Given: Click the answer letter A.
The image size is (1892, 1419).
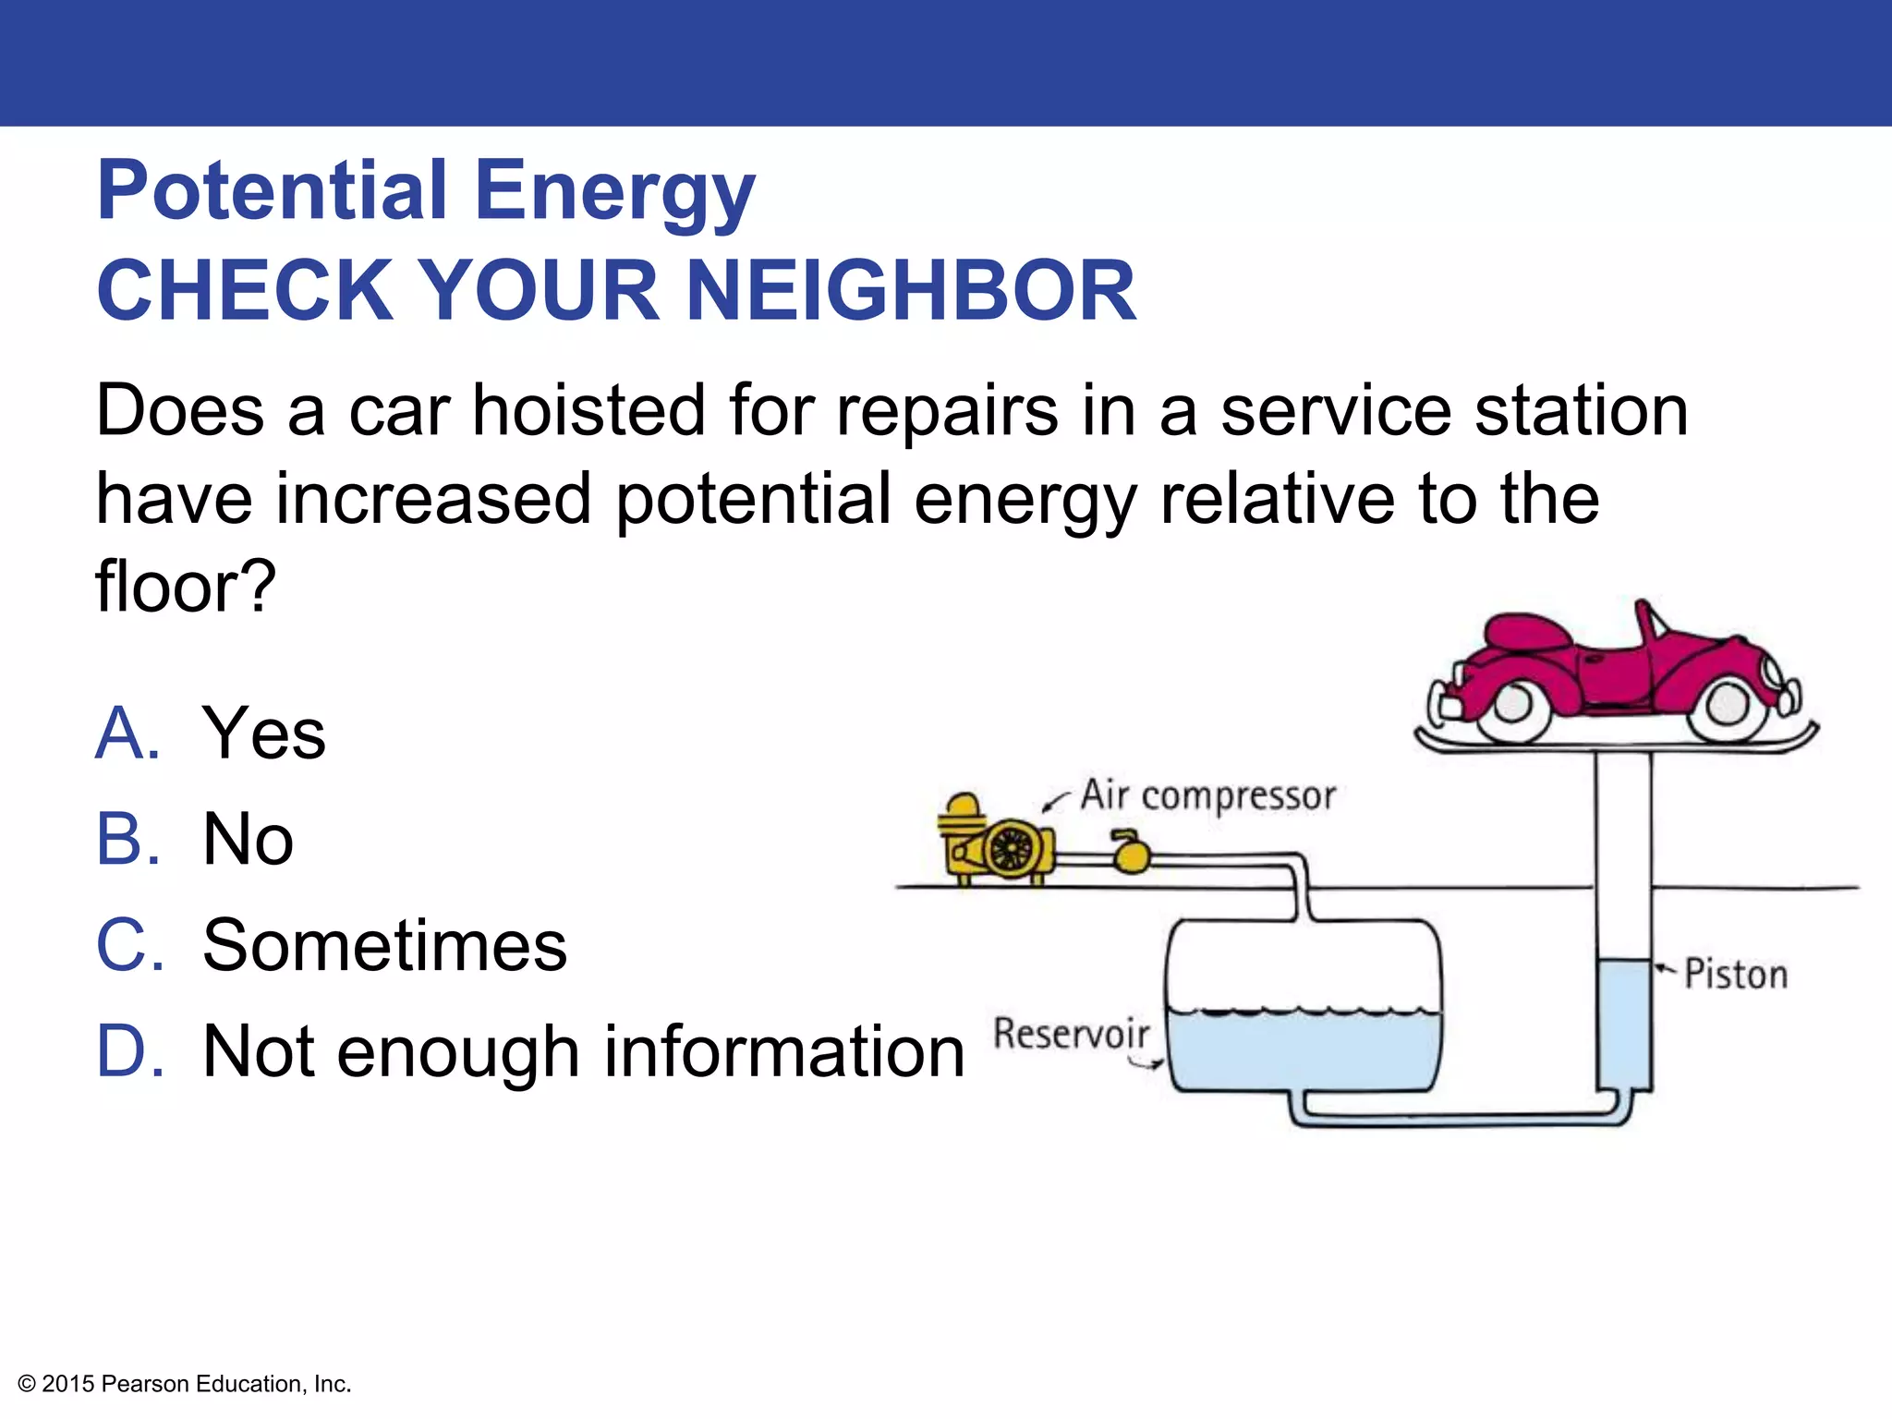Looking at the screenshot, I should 128,734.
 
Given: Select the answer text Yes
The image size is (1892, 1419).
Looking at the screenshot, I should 264,734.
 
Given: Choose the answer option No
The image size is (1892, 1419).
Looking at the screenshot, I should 248,840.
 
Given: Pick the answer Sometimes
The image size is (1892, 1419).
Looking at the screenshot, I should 384,946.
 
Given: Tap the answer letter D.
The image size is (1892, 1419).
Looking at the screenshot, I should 130,1052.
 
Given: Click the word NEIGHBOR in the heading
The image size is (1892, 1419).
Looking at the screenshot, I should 911,291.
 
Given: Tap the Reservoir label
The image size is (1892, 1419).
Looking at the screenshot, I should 1072,1034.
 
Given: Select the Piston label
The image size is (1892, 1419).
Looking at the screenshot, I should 1736,976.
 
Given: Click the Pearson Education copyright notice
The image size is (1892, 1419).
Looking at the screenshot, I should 185,1384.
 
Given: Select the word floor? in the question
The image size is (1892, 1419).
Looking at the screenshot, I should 186,588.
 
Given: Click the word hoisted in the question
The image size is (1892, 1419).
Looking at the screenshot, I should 588,411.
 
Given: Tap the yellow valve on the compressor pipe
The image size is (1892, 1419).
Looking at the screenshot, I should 1130,855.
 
